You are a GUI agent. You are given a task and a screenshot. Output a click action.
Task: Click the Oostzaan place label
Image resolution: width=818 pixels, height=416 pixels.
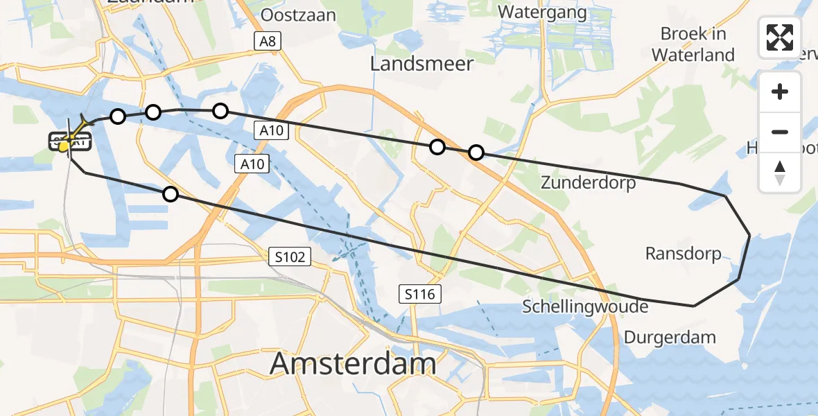[x=299, y=15]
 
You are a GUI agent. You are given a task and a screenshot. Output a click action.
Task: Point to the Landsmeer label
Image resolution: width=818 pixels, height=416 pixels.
[x=421, y=64]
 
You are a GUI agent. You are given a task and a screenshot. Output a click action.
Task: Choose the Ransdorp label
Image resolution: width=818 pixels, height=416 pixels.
[x=683, y=254]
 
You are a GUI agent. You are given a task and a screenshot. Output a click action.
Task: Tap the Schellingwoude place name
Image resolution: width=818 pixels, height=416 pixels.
[x=585, y=306]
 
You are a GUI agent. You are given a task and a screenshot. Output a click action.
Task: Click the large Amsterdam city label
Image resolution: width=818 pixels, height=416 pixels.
[x=353, y=363]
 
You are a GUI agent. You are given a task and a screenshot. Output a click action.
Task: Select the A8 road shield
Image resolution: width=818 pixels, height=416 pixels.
[x=267, y=42]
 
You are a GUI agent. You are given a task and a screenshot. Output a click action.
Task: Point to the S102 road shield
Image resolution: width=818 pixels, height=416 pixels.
[x=289, y=257]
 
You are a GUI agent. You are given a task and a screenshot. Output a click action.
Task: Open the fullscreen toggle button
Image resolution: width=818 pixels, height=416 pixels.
[x=780, y=37]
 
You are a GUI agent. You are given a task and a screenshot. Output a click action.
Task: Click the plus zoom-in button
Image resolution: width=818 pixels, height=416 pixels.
[x=780, y=92]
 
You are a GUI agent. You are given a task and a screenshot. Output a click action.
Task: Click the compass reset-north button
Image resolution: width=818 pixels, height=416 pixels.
[x=780, y=173]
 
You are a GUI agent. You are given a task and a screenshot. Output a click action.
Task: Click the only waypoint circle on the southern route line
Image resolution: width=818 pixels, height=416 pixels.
[x=171, y=194]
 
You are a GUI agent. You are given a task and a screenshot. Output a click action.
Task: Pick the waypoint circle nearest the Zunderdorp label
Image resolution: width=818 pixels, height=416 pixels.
[x=476, y=153]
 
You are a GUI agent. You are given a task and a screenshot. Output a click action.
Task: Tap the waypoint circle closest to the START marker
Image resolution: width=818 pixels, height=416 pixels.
[x=118, y=116]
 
